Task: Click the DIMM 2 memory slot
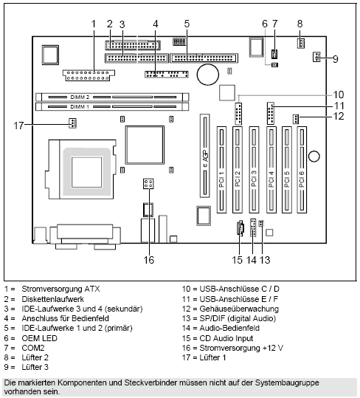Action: coord(111,96)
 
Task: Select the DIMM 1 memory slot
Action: coord(111,106)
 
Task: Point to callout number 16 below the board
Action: coord(148,259)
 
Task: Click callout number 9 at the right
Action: coord(334,58)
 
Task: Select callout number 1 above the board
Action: coord(94,23)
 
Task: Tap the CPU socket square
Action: coord(89,162)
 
